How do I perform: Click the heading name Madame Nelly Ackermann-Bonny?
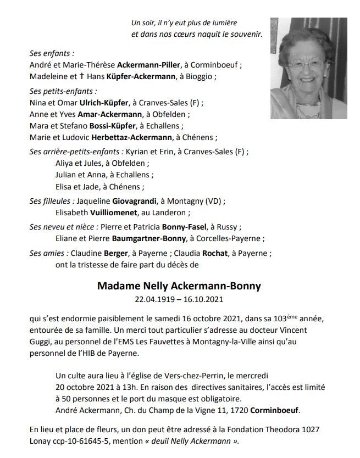point(179,286)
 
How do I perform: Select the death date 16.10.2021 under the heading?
point(205,300)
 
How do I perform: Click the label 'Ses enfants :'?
point(52,53)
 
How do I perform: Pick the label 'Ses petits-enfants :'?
point(63,91)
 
